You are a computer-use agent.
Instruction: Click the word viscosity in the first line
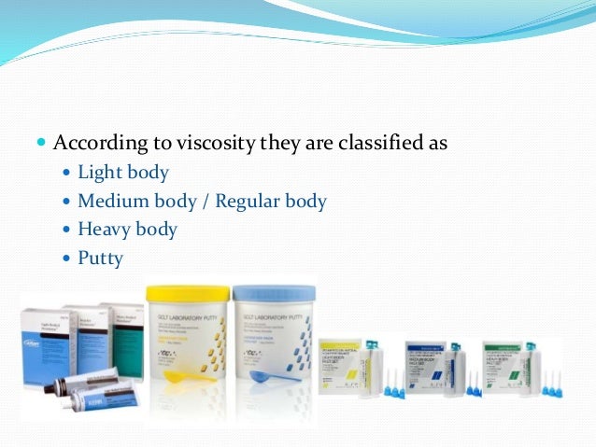(203, 145)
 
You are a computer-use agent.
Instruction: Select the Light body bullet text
(123, 173)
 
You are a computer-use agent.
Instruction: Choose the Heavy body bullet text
(127, 229)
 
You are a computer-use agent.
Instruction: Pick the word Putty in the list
(100, 258)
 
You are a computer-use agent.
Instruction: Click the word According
(97, 145)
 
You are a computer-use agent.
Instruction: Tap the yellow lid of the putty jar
(187, 293)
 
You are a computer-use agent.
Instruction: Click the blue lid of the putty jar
(275, 293)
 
